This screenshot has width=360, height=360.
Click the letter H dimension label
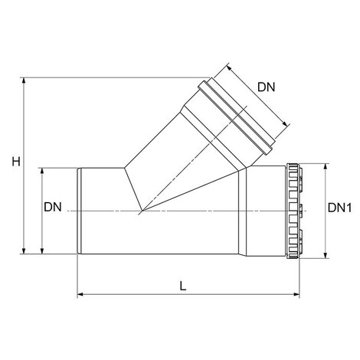16,162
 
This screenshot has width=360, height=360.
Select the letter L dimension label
183,286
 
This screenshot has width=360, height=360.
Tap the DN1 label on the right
339,208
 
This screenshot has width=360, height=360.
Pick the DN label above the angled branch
266,87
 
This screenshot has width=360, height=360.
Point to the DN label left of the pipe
53,207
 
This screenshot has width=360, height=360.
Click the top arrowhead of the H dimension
24,80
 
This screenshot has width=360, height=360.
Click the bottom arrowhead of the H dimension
24,250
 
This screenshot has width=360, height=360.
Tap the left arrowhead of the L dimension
80,294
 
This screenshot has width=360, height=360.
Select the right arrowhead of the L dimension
296,294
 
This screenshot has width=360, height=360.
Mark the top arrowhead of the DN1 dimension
326,167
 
